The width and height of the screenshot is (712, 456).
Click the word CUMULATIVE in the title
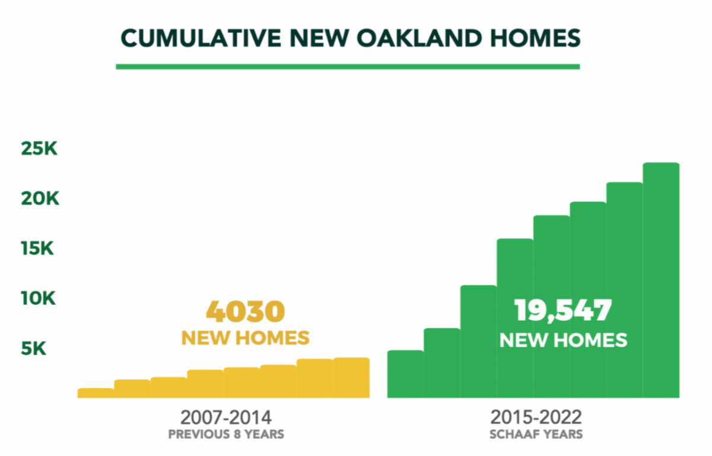[201, 39]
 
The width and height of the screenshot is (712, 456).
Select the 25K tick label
[39, 148]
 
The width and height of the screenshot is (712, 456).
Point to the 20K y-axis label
[40, 198]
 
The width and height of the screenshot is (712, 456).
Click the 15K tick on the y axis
[37, 248]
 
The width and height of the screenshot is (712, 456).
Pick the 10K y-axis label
[38, 299]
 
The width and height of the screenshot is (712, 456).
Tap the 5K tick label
[33, 349]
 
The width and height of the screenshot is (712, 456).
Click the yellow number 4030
[246, 312]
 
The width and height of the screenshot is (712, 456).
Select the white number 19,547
[563, 311]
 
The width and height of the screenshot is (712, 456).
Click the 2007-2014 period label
[226, 417]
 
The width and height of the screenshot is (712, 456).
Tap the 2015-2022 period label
[536, 417]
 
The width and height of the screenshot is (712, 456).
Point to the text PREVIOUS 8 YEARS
[226, 435]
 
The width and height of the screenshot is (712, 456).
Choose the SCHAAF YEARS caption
[536, 435]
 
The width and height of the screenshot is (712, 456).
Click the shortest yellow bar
[96, 393]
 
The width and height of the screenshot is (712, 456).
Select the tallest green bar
[661, 280]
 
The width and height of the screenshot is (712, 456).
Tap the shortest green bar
[406, 374]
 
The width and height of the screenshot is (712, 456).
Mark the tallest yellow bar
[351, 378]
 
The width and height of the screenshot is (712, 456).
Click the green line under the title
[348, 66]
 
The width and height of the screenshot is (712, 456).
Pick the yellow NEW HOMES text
[246, 338]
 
